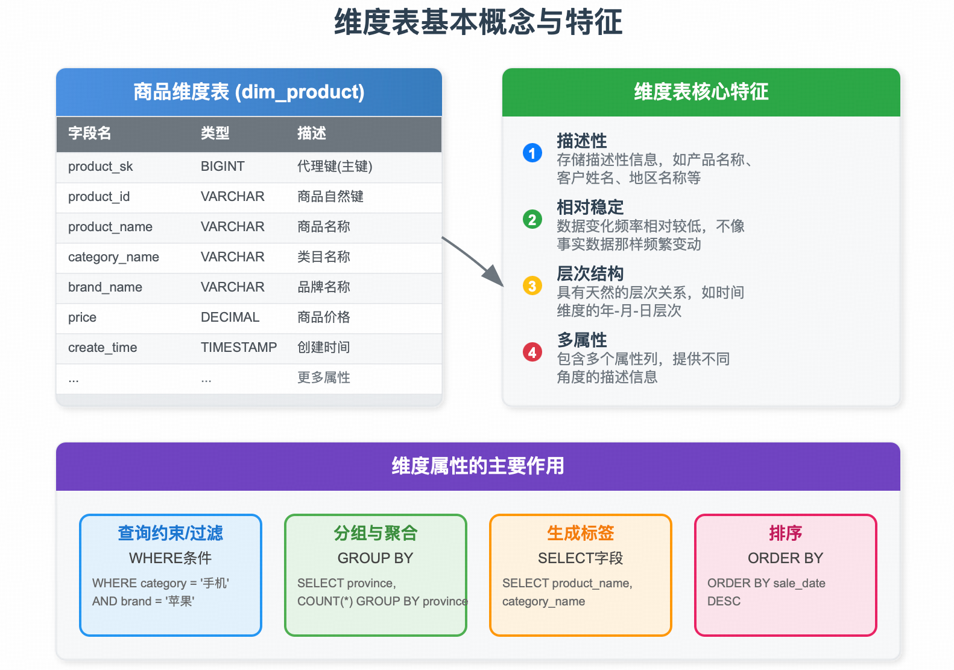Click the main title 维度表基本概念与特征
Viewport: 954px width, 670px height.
click(x=478, y=22)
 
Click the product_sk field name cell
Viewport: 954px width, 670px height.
click(x=100, y=167)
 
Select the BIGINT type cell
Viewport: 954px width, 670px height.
click(x=223, y=167)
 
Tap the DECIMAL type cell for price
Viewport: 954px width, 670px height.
click(x=230, y=317)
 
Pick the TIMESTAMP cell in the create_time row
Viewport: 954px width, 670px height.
click(x=238, y=348)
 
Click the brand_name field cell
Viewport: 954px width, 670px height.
click(x=105, y=287)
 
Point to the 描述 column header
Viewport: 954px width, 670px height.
click(x=311, y=133)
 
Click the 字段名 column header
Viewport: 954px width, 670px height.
click(x=89, y=133)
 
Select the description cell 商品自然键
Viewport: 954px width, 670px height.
click(x=330, y=197)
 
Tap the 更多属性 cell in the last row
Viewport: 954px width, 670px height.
click(x=323, y=378)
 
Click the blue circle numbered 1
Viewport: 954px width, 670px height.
click(x=532, y=153)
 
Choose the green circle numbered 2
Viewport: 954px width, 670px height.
click(x=532, y=219)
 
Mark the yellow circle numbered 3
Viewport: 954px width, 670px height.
click(x=532, y=286)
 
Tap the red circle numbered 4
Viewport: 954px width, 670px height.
click(x=532, y=352)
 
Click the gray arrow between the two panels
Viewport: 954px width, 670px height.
click(x=473, y=262)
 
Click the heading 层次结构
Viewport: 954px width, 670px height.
click(x=590, y=273)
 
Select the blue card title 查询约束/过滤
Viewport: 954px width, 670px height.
click(x=170, y=533)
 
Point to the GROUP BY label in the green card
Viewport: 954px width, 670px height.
click(x=375, y=558)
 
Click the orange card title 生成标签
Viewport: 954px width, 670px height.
click(x=580, y=533)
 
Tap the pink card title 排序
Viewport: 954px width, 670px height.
click(x=785, y=533)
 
